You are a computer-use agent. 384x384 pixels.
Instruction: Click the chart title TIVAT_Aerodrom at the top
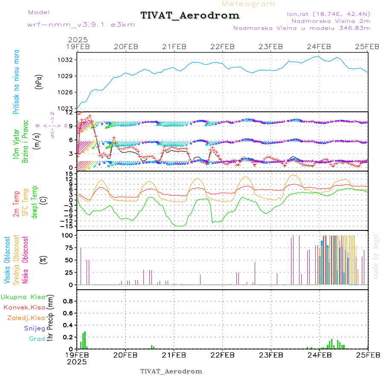click(190, 15)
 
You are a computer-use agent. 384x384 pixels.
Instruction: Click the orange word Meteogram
click(249, 4)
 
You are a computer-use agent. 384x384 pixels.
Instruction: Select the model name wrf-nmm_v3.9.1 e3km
click(81, 25)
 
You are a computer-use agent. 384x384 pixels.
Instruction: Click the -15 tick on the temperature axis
click(67, 225)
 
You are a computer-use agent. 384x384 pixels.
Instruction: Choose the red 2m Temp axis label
click(16, 204)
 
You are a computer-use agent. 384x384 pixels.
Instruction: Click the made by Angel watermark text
click(375, 256)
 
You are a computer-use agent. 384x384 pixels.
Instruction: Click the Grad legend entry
click(37, 339)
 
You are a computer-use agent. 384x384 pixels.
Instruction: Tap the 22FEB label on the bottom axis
click(222, 355)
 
